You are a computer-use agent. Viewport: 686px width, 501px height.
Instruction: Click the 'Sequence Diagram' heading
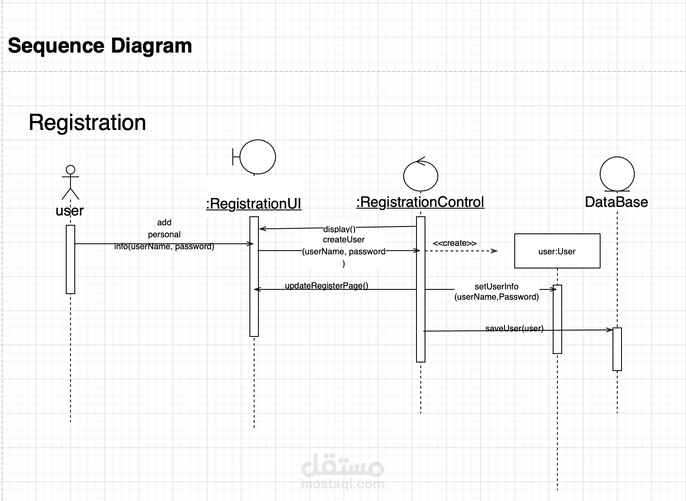100,46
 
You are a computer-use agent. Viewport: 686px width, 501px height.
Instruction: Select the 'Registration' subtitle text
87,123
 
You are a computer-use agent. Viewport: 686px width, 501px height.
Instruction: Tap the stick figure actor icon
70,183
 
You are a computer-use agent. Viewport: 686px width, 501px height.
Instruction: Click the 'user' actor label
70,211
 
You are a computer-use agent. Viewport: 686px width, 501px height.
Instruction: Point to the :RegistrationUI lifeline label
254,204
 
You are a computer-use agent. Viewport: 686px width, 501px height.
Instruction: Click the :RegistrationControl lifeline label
420,202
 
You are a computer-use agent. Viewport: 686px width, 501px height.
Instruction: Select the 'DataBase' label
616,202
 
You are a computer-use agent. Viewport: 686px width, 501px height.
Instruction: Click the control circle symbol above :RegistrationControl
421,175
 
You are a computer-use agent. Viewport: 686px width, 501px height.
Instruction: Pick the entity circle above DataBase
617,174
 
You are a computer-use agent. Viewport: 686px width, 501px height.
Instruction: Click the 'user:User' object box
557,251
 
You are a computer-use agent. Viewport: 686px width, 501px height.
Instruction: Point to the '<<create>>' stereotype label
454,243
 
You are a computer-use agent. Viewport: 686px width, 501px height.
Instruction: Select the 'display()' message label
339,230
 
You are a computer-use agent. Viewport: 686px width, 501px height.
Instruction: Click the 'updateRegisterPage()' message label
326,286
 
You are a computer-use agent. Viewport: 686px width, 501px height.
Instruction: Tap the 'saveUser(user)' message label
514,328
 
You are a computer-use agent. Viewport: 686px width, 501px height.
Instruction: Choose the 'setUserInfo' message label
496,287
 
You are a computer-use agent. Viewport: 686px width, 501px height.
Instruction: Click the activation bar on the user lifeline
70,259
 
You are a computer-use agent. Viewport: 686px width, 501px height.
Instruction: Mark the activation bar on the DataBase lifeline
617,349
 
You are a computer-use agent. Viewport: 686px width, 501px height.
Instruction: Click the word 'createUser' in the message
343,240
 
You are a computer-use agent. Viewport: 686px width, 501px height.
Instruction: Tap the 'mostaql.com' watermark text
343,484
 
